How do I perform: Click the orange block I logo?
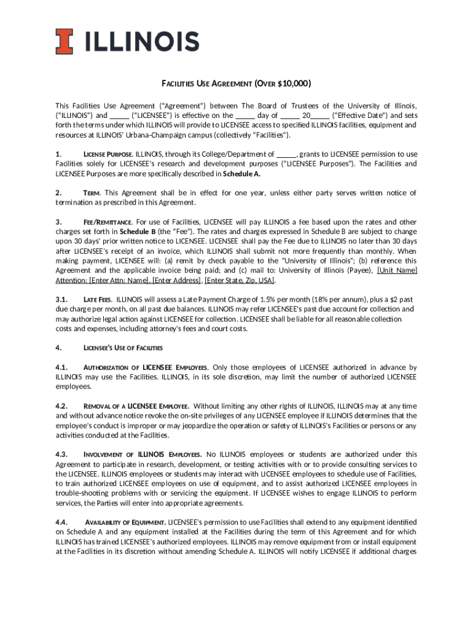coord(64,42)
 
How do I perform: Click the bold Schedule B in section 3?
coord(138,232)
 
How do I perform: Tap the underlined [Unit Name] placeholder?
coord(397,271)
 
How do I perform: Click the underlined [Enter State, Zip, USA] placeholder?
coord(240,281)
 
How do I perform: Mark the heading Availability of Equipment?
coord(125,522)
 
